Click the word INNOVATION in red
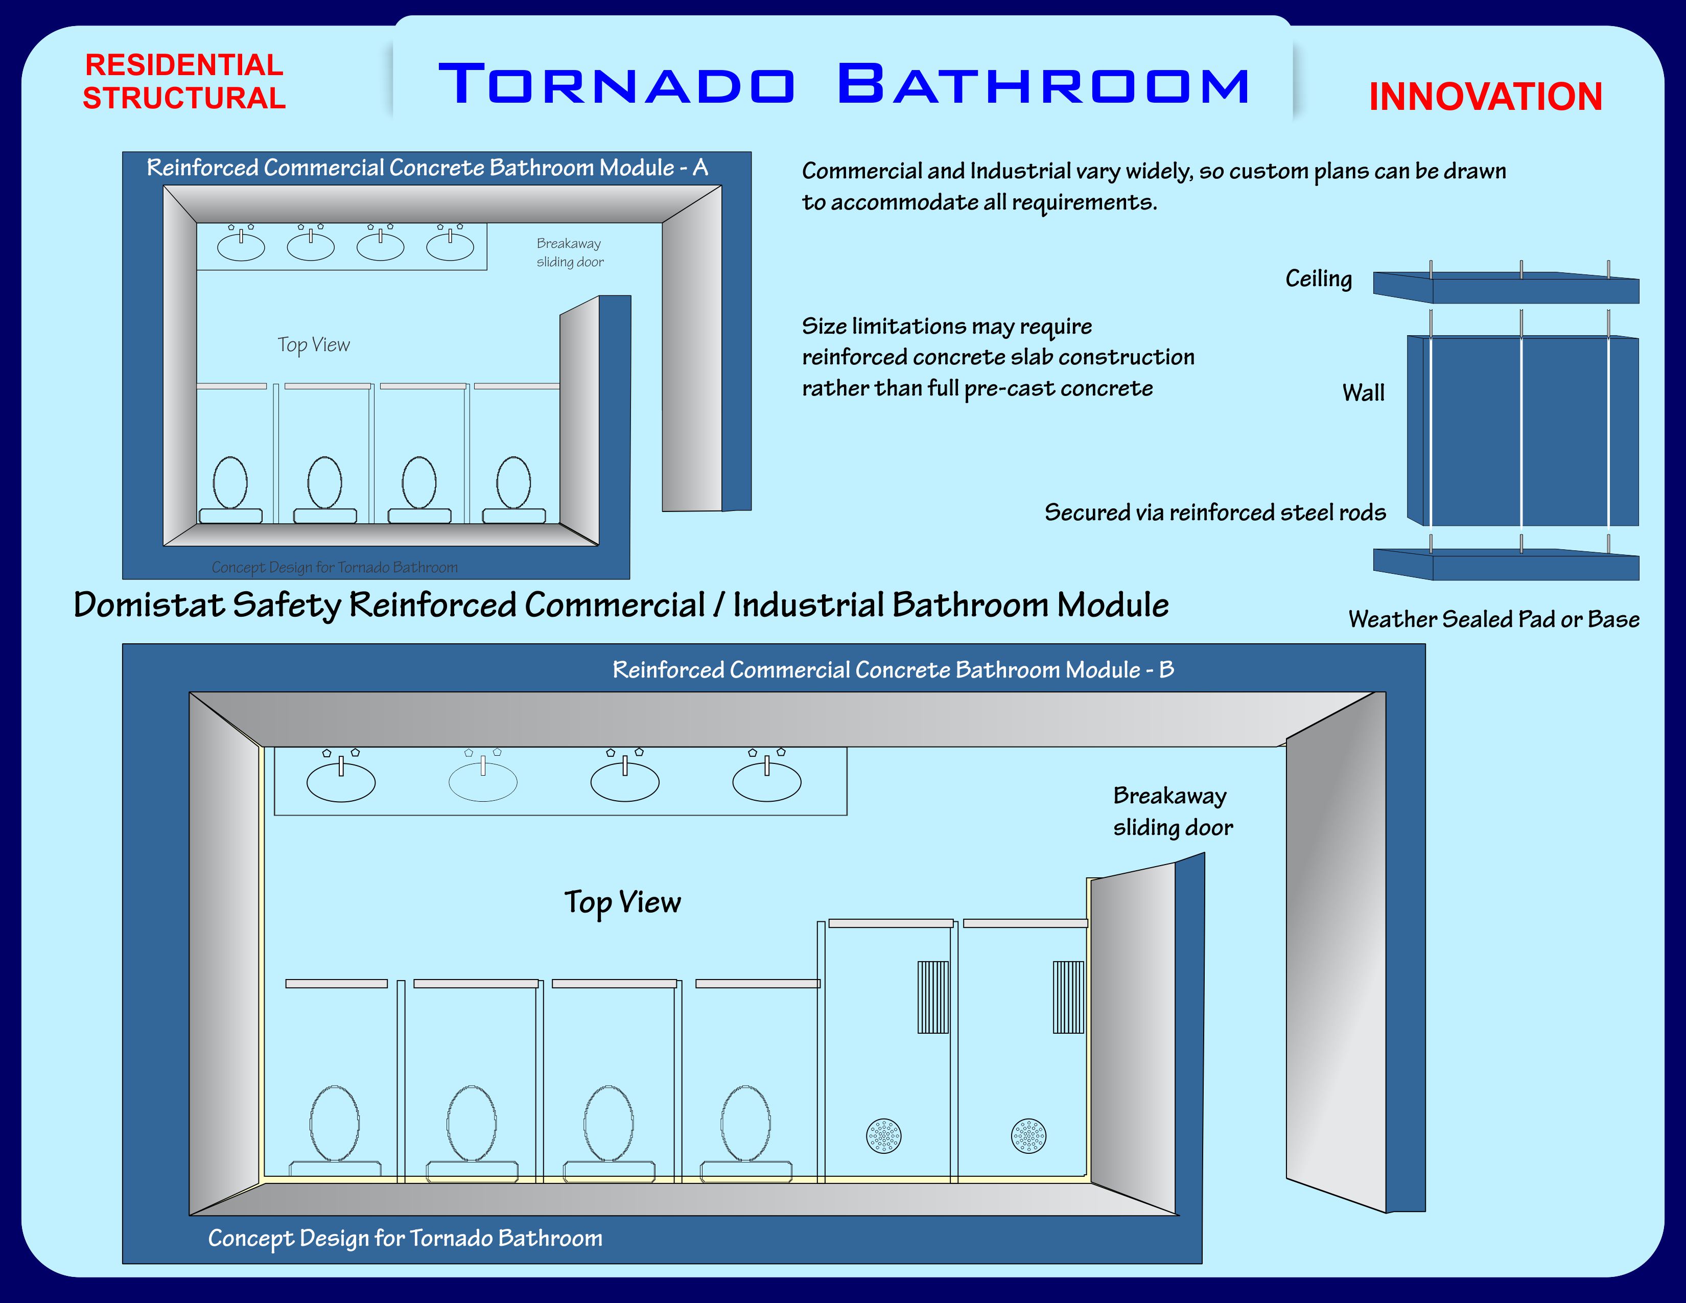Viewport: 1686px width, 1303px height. pos(1485,97)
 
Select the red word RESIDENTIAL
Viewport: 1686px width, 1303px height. pos(184,65)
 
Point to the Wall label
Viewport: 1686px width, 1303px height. pos(1363,393)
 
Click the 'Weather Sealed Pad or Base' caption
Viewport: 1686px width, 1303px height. pos(1494,619)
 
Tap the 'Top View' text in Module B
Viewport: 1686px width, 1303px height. pos(622,903)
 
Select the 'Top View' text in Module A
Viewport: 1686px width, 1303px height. pos(313,345)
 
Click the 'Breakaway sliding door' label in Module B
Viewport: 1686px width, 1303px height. pos(1173,811)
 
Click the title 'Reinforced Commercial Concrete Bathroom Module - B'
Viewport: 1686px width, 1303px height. pos(893,670)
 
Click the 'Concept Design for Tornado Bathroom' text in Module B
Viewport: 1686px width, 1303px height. pos(405,1238)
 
